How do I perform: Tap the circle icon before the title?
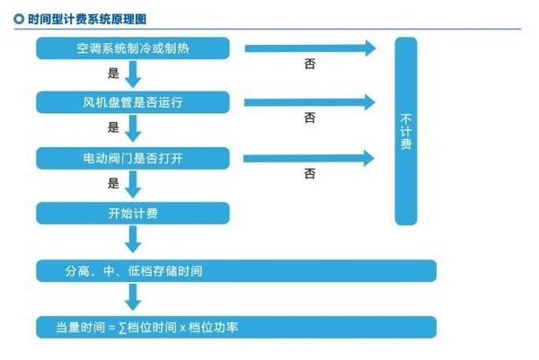tap(18, 18)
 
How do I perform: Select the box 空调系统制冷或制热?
tap(133, 48)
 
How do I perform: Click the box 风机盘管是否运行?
tap(133, 103)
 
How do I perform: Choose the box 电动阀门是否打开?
tap(133, 158)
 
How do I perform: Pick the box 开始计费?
tap(133, 213)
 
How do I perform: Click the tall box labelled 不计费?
tap(406, 131)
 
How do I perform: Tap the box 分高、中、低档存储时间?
tap(236, 271)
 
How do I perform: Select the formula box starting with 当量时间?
tap(236, 327)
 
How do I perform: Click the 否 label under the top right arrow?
tap(310, 66)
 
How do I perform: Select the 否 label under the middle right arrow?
tap(310, 119)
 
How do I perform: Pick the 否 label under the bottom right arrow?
tap(310, 173)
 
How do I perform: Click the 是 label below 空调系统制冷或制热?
tap(113, 75)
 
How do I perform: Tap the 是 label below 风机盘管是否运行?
tap(113, 128)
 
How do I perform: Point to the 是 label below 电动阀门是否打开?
tap(113, 184)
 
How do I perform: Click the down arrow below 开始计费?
tap(133, 239)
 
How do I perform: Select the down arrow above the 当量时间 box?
tap(133, 296)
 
